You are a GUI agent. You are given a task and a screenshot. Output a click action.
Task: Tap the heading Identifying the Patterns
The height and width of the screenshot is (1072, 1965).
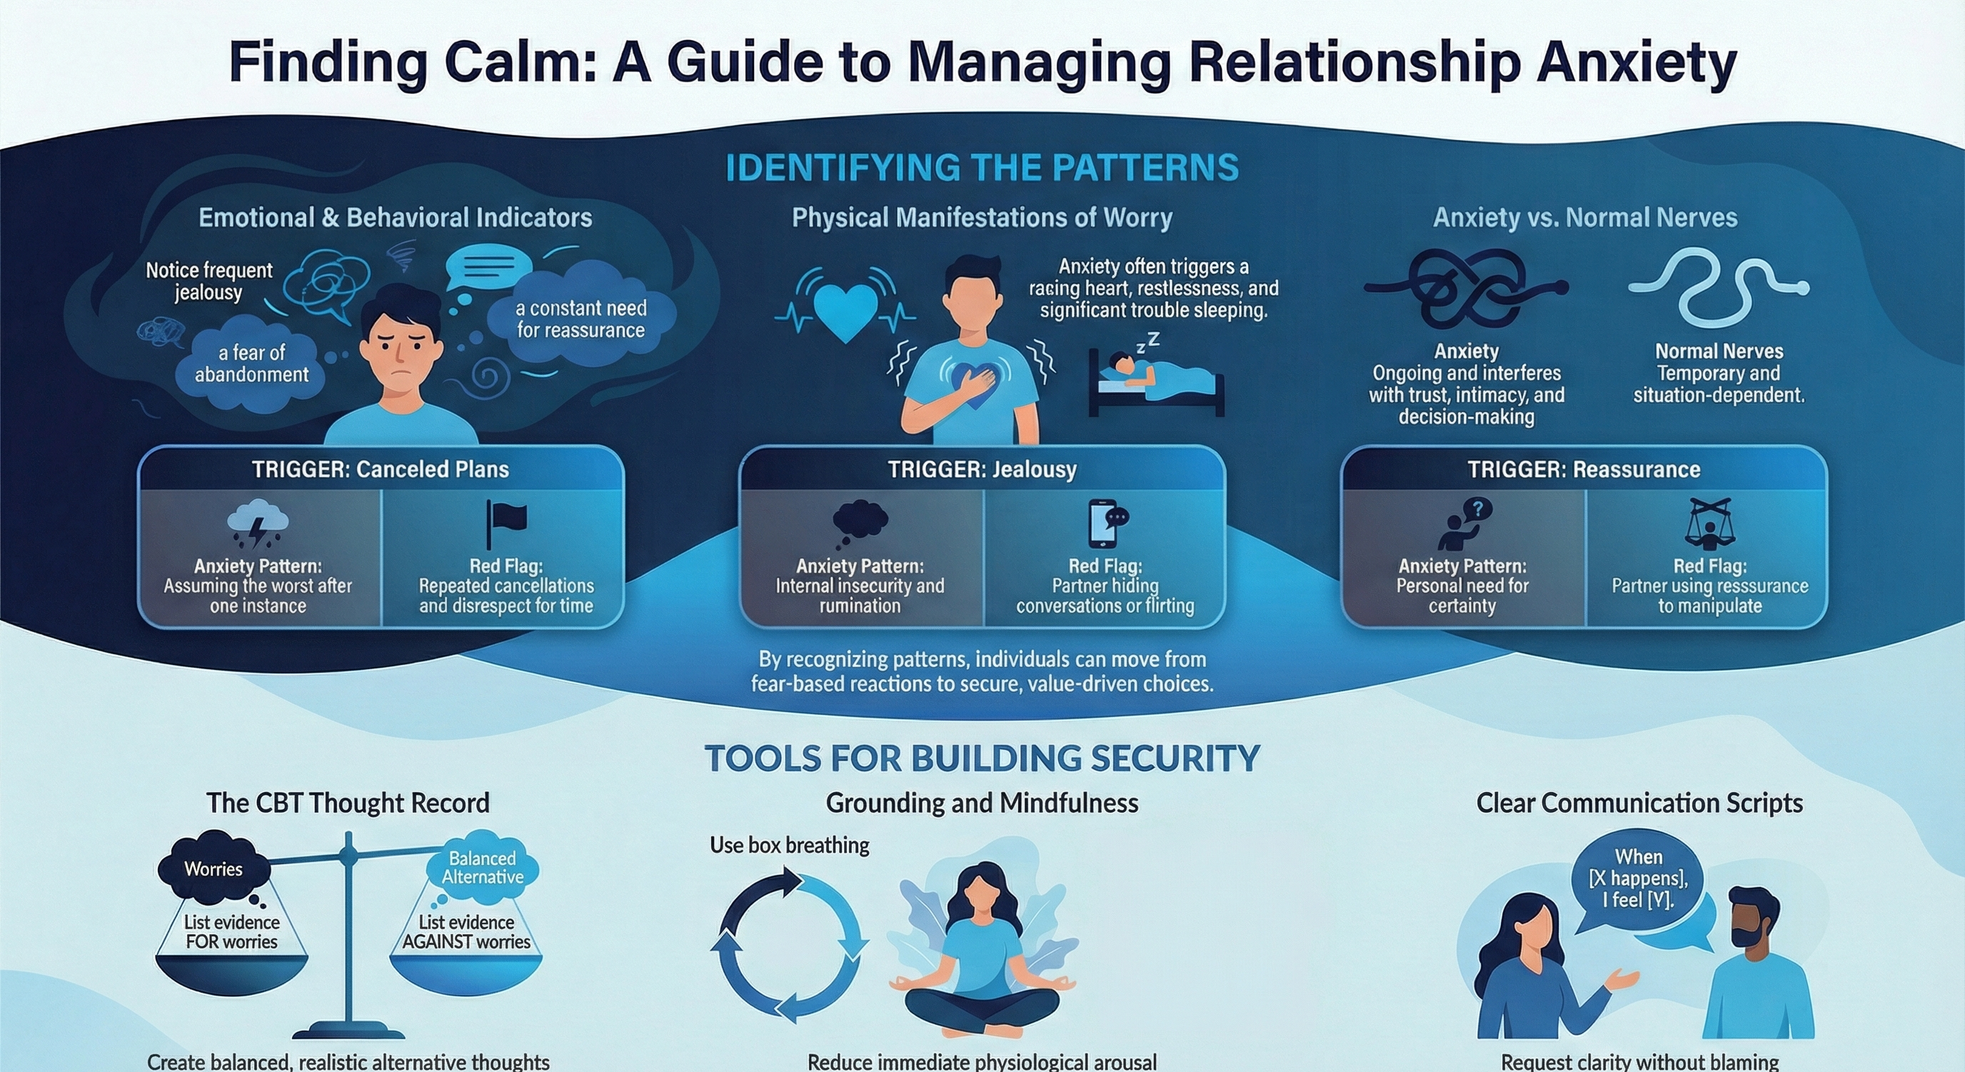[982, 168]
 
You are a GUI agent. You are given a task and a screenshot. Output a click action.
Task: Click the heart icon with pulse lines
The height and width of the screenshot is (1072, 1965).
[845, 311]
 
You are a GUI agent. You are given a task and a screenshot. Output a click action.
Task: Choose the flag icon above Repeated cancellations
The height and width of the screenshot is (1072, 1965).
[506, 524]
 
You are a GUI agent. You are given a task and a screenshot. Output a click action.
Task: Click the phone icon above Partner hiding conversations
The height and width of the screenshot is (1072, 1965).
[1106, 524]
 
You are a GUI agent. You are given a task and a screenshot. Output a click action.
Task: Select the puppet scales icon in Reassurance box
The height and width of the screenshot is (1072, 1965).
[1709, 524]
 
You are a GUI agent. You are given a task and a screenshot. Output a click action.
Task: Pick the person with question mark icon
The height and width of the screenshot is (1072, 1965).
[1462, 524]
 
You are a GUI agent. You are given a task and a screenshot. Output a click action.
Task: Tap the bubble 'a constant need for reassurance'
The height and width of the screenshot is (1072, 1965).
[581, 319]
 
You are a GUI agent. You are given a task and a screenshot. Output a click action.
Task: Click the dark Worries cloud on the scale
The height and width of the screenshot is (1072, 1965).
[213, 869]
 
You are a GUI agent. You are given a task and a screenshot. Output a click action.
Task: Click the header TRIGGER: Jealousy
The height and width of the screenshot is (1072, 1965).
[982, 469]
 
